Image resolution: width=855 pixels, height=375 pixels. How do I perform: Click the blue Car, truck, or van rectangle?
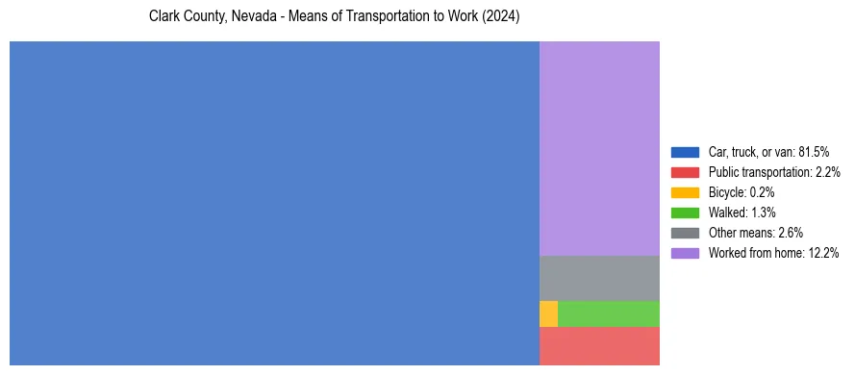274,203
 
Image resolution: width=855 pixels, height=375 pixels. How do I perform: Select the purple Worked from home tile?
599,148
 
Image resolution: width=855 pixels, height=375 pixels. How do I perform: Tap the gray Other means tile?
599,278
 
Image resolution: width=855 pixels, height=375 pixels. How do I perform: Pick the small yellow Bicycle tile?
548,313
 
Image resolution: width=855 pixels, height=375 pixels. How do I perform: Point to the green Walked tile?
609,313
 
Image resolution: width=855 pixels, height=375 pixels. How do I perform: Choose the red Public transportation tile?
599,346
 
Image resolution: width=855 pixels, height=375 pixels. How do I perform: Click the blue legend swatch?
685,152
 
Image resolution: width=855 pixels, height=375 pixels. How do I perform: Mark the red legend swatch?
685,172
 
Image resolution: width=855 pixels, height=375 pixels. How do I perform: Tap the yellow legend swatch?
685,192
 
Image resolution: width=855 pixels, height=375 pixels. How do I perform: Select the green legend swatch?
685,212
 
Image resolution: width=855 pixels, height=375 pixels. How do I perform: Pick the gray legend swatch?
685,233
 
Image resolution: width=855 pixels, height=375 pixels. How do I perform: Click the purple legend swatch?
685,253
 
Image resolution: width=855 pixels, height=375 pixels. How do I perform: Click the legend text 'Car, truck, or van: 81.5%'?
768,152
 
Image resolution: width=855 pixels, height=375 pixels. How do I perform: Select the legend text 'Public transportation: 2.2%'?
774,172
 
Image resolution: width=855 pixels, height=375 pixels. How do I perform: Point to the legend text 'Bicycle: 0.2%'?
742,192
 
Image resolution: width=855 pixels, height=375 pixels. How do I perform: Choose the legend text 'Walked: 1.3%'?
742,212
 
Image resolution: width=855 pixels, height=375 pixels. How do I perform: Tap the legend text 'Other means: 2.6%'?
755,233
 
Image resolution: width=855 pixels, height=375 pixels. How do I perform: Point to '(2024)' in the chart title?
502,17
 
